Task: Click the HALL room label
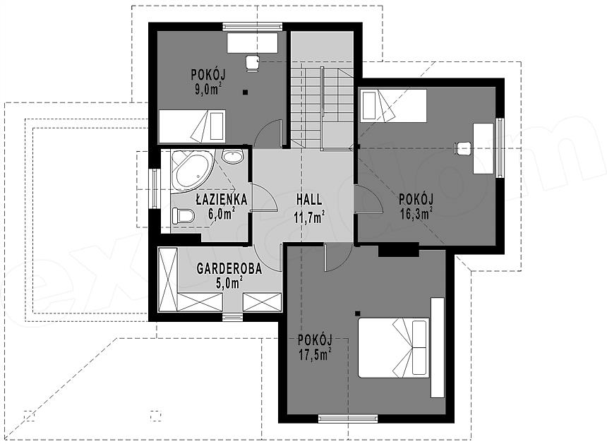309,200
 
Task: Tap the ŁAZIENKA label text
222,199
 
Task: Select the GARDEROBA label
229,269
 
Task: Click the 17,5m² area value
315,355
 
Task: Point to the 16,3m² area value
416,213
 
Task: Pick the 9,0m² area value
208,89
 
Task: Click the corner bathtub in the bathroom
193,172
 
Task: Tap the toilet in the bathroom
183,215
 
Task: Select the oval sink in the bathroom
232,157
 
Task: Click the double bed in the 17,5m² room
394,347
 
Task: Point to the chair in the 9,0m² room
253,63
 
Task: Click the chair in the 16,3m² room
463,148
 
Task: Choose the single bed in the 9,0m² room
192,126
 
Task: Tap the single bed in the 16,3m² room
393,104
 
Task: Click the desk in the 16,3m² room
484,148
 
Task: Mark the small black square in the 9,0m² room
245,92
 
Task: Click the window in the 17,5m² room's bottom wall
348,419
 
